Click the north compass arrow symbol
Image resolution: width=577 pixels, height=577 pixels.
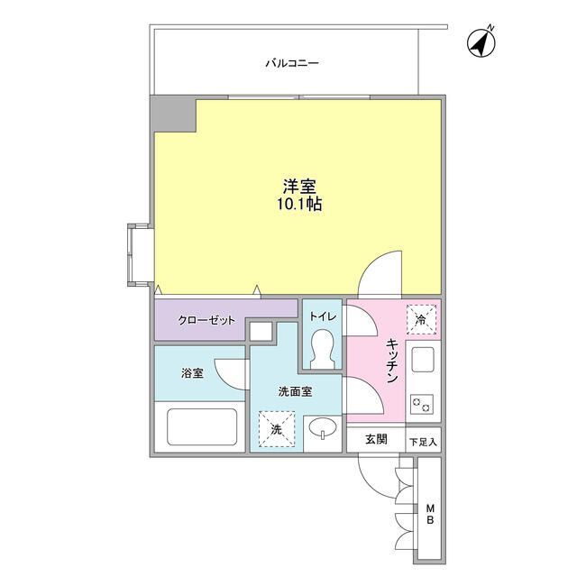[483, 41]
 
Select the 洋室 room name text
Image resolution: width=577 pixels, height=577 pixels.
[300, 186]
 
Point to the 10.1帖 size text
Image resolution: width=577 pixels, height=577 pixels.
[300, 205]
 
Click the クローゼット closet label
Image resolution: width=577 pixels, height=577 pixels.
[206, 320]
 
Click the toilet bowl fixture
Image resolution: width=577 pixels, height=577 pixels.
[322, 350]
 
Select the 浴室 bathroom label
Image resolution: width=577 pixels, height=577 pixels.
[191, 373]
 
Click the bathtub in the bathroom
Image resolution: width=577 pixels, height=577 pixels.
[203, 426]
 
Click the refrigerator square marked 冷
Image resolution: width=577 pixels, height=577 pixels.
[422, 317]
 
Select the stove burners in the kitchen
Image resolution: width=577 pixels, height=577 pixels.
[421, 404]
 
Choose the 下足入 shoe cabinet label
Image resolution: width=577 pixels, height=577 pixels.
[423, 442]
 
